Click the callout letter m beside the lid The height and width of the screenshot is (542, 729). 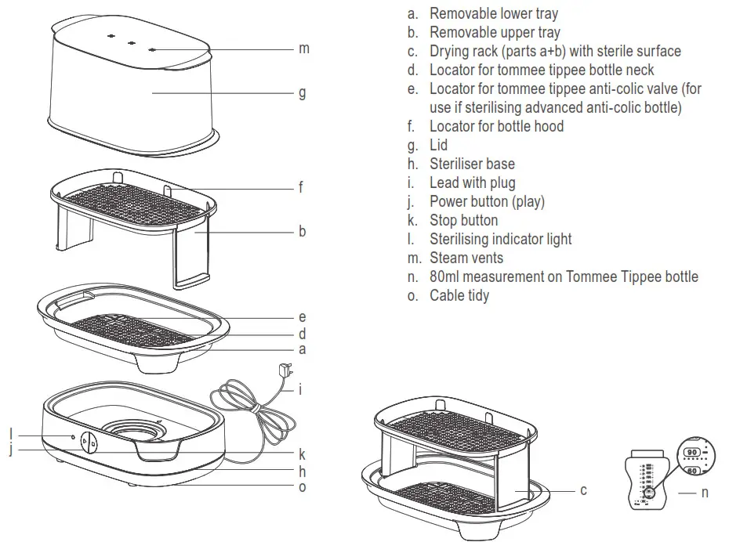pos(304,49)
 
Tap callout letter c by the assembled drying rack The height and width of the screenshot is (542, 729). pos(583,490)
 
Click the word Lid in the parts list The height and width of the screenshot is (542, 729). pos(438,145)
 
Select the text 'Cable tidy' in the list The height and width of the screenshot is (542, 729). pos(459,295)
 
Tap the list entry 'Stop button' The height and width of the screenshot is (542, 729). pos(463,220)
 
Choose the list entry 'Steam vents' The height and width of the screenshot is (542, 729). pos(466,258)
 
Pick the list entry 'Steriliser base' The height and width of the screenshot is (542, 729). pos(472,164)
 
